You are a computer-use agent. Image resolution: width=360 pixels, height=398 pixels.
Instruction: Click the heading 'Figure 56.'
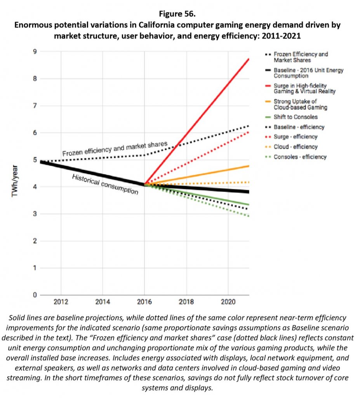click(177, 14)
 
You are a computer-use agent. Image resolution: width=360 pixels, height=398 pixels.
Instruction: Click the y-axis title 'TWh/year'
click(15, 181)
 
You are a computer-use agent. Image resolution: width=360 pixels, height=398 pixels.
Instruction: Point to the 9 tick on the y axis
click(35, 52)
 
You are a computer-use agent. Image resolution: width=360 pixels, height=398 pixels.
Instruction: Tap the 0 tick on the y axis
click(35, 295)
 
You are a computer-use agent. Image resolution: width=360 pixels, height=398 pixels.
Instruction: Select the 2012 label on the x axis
click(61, 302)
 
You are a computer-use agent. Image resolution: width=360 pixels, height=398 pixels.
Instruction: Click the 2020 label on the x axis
click(228, 302)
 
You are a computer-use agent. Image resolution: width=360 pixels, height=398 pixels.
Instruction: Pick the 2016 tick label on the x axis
click(144, 302)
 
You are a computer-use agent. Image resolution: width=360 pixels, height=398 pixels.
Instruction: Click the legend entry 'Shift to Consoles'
click(296, 117)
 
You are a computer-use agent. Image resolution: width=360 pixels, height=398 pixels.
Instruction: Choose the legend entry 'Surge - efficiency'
click(296, 137)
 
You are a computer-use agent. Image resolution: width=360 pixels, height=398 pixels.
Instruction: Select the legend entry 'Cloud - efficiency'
click(296, 147)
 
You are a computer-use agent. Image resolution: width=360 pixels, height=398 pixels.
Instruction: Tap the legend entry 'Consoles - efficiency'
click(300, 157)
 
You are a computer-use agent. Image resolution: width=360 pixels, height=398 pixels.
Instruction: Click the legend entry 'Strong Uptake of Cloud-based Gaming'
click(300, 104)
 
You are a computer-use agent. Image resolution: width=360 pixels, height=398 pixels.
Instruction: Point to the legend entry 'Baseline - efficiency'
click(299, 127)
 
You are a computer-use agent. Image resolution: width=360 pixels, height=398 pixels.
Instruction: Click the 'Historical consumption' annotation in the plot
click(105, 184)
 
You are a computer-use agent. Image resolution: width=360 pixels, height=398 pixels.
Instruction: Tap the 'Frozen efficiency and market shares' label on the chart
click(115, 149)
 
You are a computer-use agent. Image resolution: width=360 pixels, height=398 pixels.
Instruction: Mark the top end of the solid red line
click(249, 59)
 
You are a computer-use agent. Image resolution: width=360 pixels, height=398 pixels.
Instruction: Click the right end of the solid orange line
click(249, 166)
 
